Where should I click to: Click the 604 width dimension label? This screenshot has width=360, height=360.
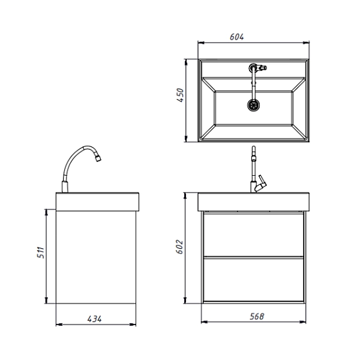(237, 37)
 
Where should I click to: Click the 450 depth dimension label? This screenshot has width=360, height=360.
(180, 95)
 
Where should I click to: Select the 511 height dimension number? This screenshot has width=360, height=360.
(41, 253)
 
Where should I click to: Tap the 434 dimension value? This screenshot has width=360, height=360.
(94, 319)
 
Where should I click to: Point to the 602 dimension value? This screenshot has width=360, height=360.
(179, 247)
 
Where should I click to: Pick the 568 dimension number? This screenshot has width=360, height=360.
(257, 316)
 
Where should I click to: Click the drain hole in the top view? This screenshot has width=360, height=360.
(253, 105)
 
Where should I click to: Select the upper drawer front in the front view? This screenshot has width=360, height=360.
(253, 235)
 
